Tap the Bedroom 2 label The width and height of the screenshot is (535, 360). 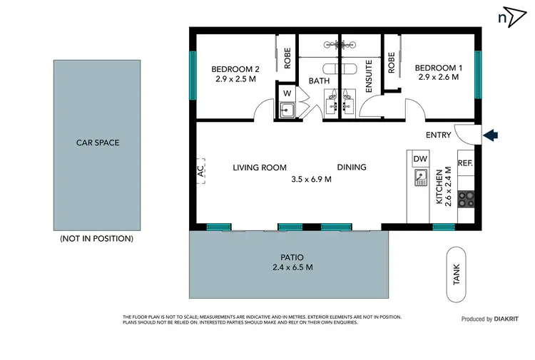(235, 69)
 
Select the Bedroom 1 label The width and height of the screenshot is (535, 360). (439, 68)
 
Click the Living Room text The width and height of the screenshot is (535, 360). (260, 168)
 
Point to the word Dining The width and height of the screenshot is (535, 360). (352, 168)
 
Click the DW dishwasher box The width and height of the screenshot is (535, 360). (420, 158)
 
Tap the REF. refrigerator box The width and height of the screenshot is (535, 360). (465, 163)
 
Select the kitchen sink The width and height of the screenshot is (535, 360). (421, 178)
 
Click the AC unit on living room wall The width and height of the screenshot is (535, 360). (200, 170)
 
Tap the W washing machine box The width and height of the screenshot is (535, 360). (287, 93)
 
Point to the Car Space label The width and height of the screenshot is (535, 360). (98, 143)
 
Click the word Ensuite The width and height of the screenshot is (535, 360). (369, 77)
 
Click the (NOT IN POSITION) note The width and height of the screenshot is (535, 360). (97, 239)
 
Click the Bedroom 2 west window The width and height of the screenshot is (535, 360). (193, 75)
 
